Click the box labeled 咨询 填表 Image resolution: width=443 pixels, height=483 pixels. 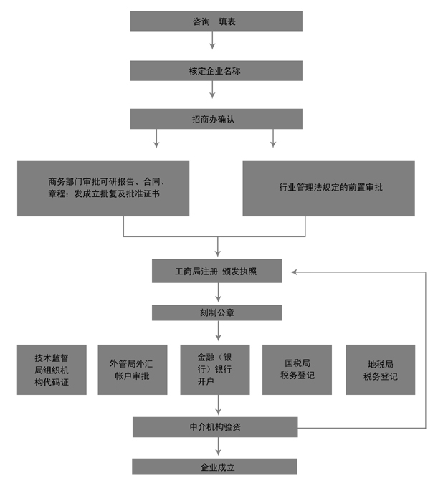(216, 21)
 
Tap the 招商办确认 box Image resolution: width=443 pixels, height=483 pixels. (216, 119)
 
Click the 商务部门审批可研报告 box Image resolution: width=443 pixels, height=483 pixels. (103, 188)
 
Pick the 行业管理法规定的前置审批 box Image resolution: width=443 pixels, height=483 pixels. (328, 188)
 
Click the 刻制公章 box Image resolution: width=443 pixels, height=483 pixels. (216, 312)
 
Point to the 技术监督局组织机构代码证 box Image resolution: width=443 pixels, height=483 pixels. (52, 370)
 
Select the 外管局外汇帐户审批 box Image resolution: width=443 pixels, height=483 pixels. (133, 370)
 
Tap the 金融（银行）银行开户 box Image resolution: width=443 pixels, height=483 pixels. (215, 370)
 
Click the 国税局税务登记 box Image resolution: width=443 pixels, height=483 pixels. (297, 370)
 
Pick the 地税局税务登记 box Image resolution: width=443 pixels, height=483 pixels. (380, 370)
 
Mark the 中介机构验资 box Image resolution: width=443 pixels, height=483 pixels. (215, 427)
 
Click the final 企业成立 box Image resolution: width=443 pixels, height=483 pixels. (215, 467)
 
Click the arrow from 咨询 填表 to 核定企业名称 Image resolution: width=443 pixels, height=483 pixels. (212, 42)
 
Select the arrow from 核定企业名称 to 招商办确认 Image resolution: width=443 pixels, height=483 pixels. (212, 90)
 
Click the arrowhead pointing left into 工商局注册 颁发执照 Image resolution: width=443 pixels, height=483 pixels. (297, 272)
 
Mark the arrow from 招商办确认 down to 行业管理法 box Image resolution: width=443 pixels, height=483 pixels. (272, 138)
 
